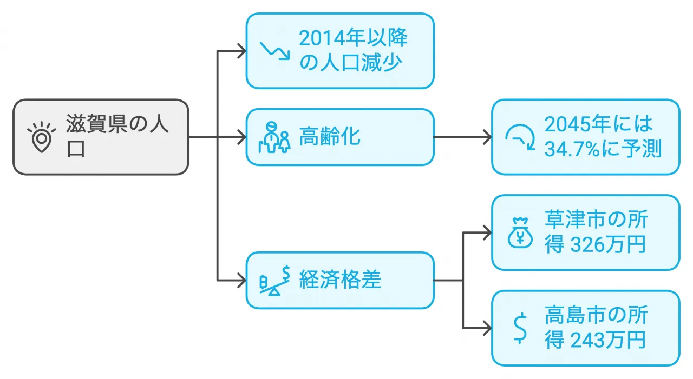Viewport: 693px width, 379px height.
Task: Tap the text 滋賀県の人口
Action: [x=117, y=136]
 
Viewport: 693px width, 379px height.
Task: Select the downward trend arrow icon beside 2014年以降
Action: [x=275, y=50]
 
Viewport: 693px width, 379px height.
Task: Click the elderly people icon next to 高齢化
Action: [x=275, y=138]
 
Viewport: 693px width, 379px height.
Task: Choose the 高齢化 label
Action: [x=329, y=137]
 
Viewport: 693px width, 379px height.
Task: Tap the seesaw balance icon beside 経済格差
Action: [x=275, y=281]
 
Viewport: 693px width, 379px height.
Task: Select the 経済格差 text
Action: [x=340, y=280]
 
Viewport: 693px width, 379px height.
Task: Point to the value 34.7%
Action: [x=571, y=149]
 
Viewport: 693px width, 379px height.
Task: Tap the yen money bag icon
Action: [x=520, y=233]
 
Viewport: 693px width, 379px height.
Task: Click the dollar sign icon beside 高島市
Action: [x=520, y=328]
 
